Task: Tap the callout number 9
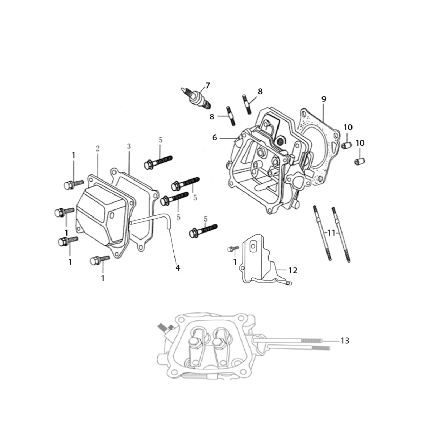pyautogui.click(x=324, y=99)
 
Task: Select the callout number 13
pyautogui.click(x=345, y=341)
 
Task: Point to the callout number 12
pyautogui.click(x=293, y=270)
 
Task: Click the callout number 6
pyautogui.click(x=215, y=137)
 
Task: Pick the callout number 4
pyautogui.click(x=178, y=268)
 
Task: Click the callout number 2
pyautogui.click(x=98, y=149)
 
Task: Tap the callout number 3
pyautogui.click(x=129, y=146)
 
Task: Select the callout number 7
pyautogui.click(x=207, y=86)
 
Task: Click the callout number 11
pyautogui.click(x=331, y=233)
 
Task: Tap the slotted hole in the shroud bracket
pyautogui.click(x=253, y=247)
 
